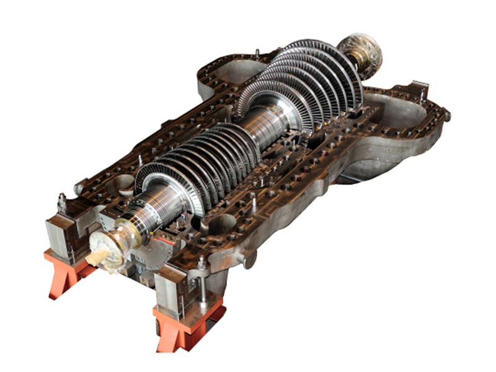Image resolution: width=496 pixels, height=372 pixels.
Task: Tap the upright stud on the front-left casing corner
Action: [62, 202]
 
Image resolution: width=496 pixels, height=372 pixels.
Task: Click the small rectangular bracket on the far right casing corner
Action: [418, 87]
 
